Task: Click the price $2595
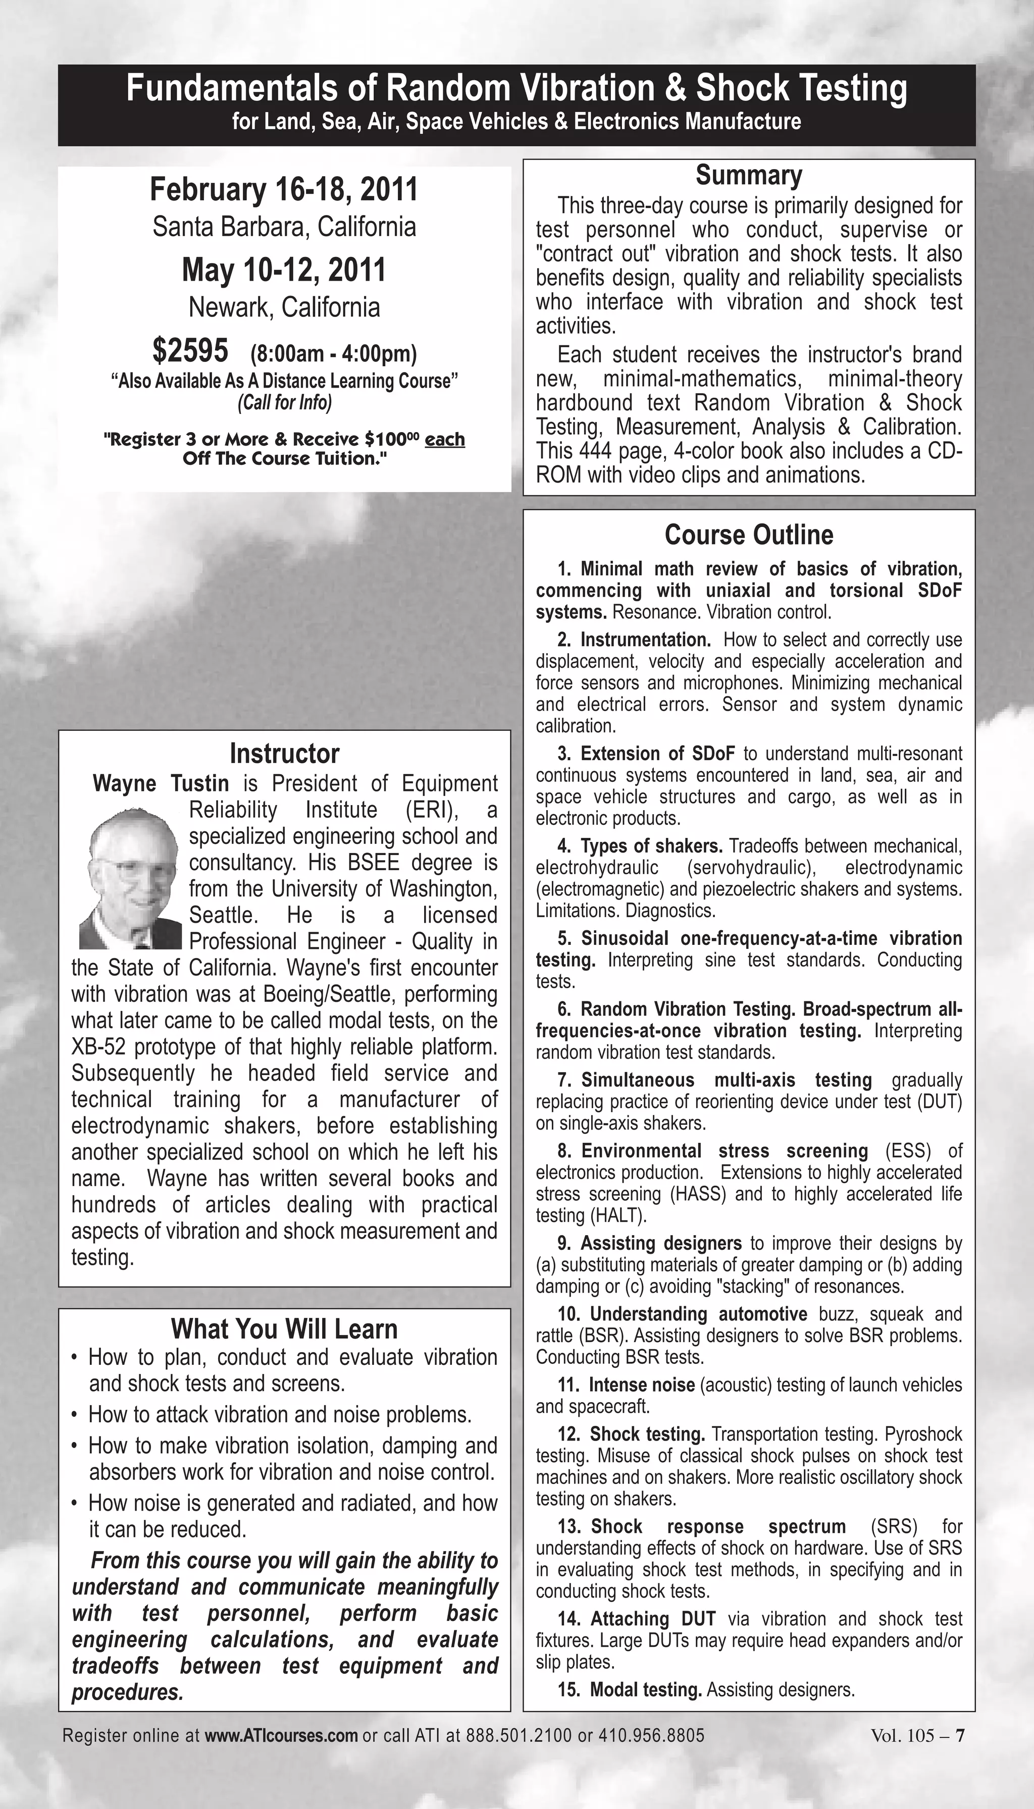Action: tap(190, 351)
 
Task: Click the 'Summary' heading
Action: tap(749, 175)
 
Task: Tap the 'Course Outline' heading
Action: tap(749, 535)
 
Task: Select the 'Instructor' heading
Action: tap(284, 753)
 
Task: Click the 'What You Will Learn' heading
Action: tap(284, 1329)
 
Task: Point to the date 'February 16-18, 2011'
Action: tap(284, 190)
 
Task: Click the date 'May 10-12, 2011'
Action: tap(284, 270)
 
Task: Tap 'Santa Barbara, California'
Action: tap(284, 227)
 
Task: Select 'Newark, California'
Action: tap(284, 307)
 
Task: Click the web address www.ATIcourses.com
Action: tap(281, 1735)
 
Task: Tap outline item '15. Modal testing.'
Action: tap(631, 1690)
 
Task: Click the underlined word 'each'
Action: tap(445, 440)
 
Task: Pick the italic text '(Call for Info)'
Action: tap(284, 403)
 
